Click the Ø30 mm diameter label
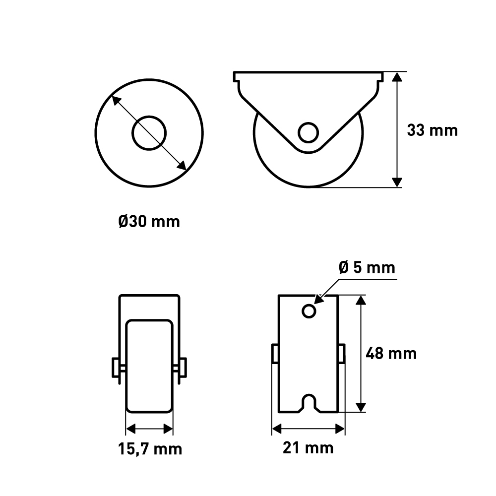[149, 221]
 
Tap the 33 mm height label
[432, 130]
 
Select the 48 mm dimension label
[391, 353]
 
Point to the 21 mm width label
[308, 448]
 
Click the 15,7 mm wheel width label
[150, 449]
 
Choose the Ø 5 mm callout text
[367, 268]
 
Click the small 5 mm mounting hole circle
[309, 311]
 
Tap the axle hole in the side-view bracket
[309, 132]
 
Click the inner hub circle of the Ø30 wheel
[149, 133]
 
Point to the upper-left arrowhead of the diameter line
[116, 100]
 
